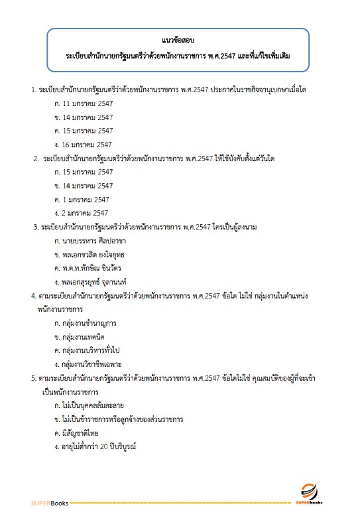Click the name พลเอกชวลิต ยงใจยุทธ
click(91, 255)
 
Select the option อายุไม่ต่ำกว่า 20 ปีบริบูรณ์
click(95, 446)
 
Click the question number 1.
click(33, 89)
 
